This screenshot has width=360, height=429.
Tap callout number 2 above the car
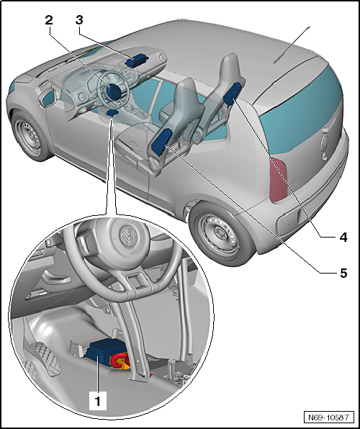48,20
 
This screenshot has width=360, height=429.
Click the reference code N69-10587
328,417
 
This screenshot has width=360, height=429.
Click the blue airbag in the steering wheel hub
113,93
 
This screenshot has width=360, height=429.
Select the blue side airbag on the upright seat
233,93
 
